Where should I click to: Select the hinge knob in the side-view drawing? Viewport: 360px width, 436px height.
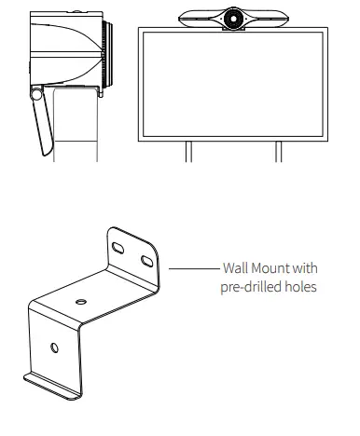click(36, 94)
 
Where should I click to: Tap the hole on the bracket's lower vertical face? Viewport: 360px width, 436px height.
click(53, 347)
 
